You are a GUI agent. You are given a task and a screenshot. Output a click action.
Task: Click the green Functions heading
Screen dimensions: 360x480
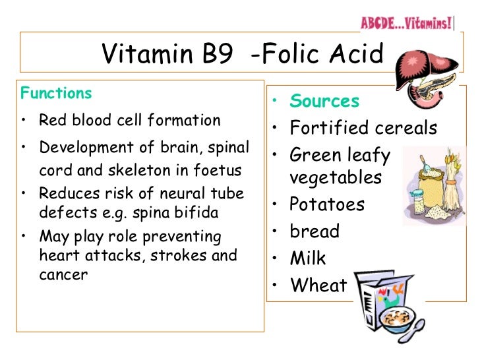pyautogui.click(x=56, y=93)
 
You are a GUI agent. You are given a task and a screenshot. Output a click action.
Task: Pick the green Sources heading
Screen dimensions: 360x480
pyautogui.click(x=324, y=101)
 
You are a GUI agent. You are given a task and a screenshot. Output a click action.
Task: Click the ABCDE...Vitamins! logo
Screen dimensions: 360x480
pyautogui.click(x=406, y=23)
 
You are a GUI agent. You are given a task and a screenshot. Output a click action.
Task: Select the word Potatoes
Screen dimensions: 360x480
pyautogui.click(x=326, y=204)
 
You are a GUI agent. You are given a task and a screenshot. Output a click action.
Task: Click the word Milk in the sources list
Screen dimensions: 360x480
pyautogui.click(x=308, y=258)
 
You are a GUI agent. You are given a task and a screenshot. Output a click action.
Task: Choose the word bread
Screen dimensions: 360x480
pyautogui.click(x=315, y=231)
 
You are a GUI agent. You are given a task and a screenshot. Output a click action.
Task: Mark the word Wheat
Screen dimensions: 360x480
pyautogui.click(x=318, y=285)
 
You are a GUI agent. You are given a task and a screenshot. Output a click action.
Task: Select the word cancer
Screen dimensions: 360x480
pyautogui.click(x=63, y=275)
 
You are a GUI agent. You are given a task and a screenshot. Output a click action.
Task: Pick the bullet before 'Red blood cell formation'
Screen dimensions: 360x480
pyautogui.click(x=23, y=121)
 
